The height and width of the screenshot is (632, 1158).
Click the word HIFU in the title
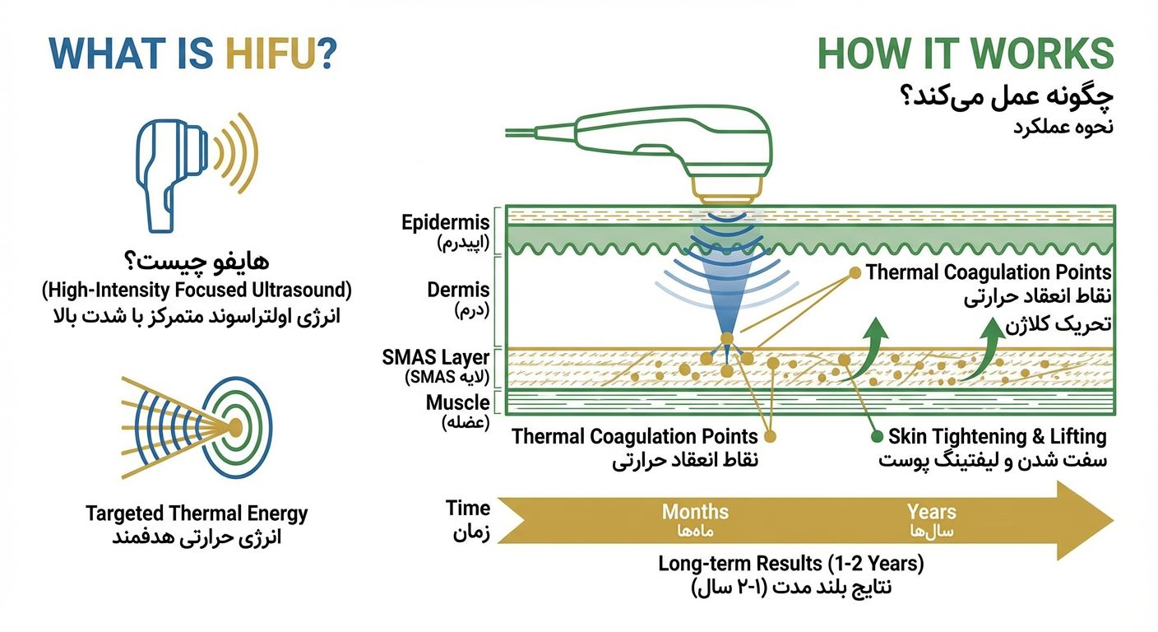coord(281,53)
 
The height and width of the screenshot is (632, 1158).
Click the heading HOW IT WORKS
coord(966,53)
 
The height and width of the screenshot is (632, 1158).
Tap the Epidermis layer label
coord(446,222)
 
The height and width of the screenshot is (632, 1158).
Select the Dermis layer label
coord(458,290)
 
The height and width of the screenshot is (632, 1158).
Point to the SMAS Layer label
coord(435,357)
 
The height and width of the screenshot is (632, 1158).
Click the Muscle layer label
coord(457,402)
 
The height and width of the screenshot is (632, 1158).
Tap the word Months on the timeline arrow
coord(695,512)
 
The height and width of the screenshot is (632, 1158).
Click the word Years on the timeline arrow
coord(932,512)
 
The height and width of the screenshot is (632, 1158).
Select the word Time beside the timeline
coord(468,508)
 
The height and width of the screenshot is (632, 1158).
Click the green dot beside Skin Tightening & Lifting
coord(877,437)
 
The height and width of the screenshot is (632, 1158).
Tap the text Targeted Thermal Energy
coord(197,513)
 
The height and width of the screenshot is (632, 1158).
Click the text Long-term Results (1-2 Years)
coord(791,563)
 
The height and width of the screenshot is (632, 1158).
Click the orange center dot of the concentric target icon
coord(234,427)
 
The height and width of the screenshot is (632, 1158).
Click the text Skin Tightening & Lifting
coord(998,437)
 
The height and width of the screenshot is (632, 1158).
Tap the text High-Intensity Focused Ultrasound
coord(197,290)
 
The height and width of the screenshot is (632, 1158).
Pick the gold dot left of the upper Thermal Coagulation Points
coord(855,272)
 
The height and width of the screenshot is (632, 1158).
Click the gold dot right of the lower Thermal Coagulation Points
coord(771,437)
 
